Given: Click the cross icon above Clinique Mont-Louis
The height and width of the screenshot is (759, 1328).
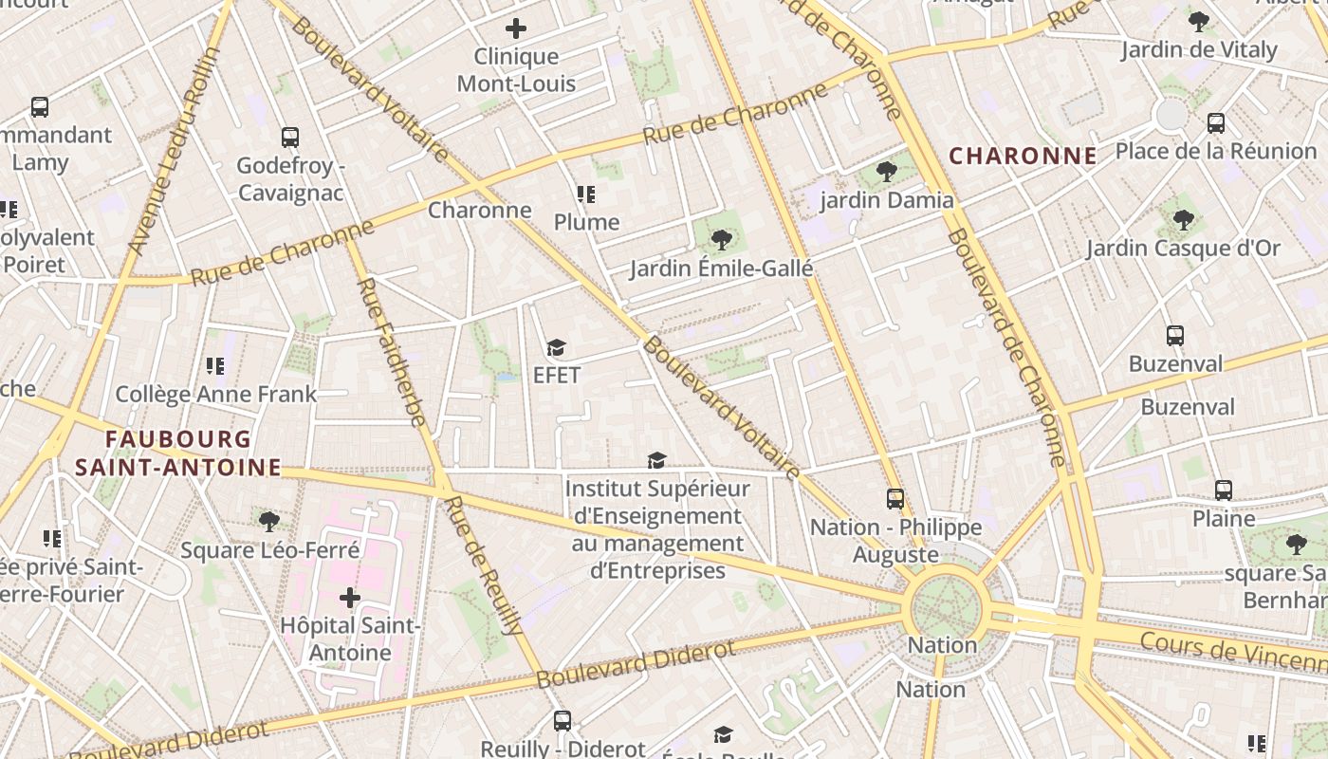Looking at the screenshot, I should pyautogui.click(x=516, y=28).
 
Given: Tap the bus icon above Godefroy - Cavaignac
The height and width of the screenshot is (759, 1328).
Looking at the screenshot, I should pyautogui.click(x=290, y=138).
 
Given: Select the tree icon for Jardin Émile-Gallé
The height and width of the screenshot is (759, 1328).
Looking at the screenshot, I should pyautogui.click(x=721, y=240).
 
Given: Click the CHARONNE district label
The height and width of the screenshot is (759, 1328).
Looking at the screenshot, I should pyautogui.click(x=1024, y=157).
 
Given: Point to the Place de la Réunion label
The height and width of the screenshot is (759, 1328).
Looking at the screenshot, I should pyautogui.click(x=1216, y=151).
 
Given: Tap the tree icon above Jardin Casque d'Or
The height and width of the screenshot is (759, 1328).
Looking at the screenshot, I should pyautogui.click(x=1183, y=220).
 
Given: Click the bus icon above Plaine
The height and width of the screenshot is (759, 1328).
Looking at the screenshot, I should pyautogui.click(x=1224, y=491).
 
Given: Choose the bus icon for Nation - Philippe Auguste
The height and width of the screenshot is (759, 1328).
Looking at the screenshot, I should pyautogui.click(x=895, y=499).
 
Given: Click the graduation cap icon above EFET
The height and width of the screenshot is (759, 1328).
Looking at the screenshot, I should pyautogui.click(x=556, y=348).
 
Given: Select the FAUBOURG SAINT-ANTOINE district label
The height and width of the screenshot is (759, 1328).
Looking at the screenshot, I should pyautogui.click(x=178, y=454).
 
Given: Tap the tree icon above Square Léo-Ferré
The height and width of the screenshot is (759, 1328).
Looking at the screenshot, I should pyautogui.click(x=269, y=521).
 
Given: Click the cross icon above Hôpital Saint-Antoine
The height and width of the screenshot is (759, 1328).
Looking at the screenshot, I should pyautogui.click(x=349, y=598).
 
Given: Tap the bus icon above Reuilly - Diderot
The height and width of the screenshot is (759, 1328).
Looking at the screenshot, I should pyautogui.click(x=563, y=721).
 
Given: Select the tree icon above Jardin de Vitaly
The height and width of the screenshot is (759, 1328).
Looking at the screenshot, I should pyautogui.click(x=1199, y=21).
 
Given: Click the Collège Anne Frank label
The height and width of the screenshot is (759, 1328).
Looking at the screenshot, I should pyautogui.click(x=215, y=394).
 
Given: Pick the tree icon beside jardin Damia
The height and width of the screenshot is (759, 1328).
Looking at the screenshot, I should pyautogui.click(x=887, y=172).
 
